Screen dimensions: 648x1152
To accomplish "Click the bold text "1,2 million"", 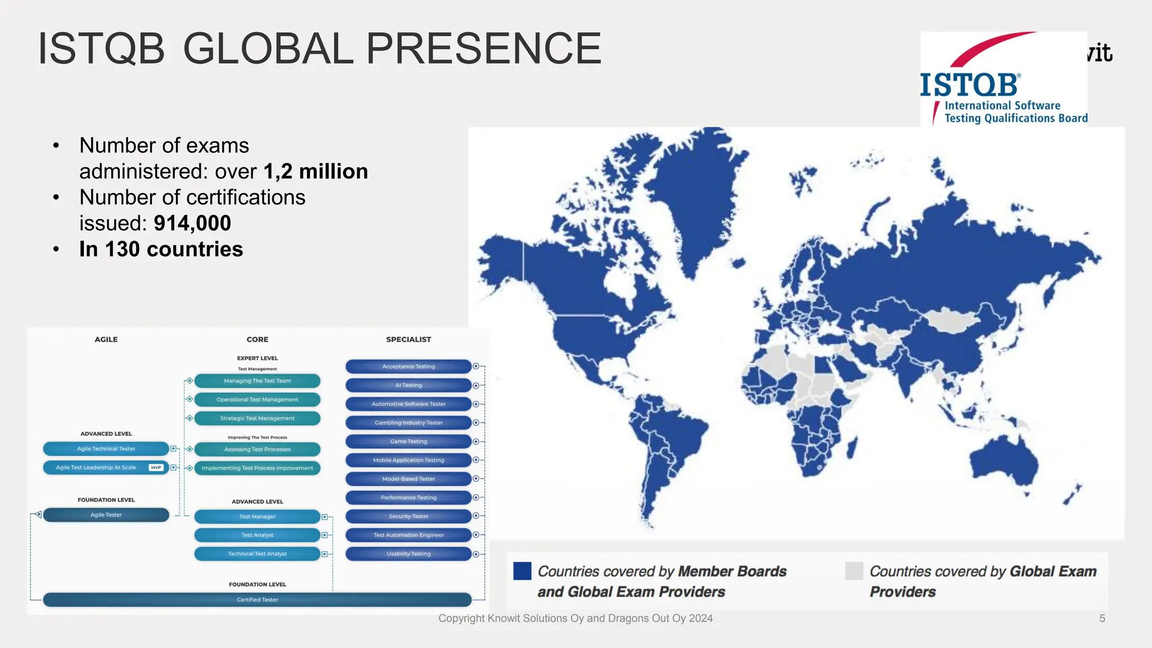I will click(x=316, y=172).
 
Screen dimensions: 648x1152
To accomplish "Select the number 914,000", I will click(x=192, y=223).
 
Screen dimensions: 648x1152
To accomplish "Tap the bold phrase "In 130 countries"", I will click(x=161, y=249).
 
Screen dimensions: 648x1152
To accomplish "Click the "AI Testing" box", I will click(x=408, y=385).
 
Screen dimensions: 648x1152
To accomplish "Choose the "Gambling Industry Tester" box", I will click(x=408, y=422).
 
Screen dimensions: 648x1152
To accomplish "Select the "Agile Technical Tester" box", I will click(x=106, y=449).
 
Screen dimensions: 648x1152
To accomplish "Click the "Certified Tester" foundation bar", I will click(x=257, y=600).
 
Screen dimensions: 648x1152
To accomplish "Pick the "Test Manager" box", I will click(x=257, y=516).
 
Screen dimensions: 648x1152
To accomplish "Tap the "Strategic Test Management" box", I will click(x=257, y=418).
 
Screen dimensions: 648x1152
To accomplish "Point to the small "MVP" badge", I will click(x=156, y=467).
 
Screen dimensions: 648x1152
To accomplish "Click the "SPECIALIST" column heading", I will click(x=408, y=339).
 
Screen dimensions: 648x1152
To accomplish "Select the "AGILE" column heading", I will click(x=106, y=339).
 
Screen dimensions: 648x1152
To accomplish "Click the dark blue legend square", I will click(x=522, y=571).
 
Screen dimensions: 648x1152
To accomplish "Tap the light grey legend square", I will click(x=854, y=571).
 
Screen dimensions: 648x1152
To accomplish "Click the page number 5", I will click(x=1102, y=618).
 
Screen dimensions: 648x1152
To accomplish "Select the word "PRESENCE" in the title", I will click(x=484, y=48).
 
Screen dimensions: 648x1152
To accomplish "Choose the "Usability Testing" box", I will click(x=408, y=554).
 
